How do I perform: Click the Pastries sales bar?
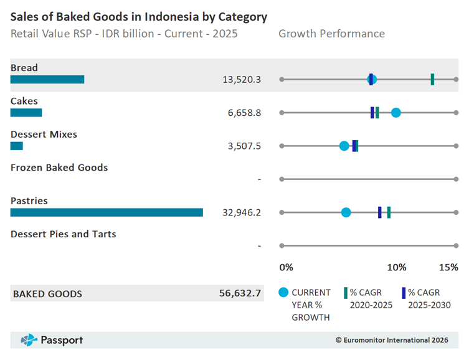point(107,212)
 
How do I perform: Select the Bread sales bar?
point(47,79)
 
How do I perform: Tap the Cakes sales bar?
point(26,113)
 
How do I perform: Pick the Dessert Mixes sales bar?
point(17,146)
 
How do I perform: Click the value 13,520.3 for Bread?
point(242,79)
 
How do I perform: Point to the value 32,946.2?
point(242,212)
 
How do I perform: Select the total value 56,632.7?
point(240,293)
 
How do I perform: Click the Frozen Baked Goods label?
point(59,168)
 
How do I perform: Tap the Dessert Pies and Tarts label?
point(64,234)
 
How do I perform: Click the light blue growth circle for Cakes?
point(396,113)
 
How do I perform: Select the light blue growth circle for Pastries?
point(346,212)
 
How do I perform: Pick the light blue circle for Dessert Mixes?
point(344,146)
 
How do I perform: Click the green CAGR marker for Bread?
point(432,79)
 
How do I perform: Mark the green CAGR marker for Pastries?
point(389,212)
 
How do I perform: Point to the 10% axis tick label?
point(397,267)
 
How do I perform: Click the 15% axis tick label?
point(448,267)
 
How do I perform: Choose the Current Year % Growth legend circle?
point(283,293)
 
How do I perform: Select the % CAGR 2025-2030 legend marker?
point(404,293)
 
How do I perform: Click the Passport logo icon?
point(29,340)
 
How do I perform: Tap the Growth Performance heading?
point(331,34)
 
